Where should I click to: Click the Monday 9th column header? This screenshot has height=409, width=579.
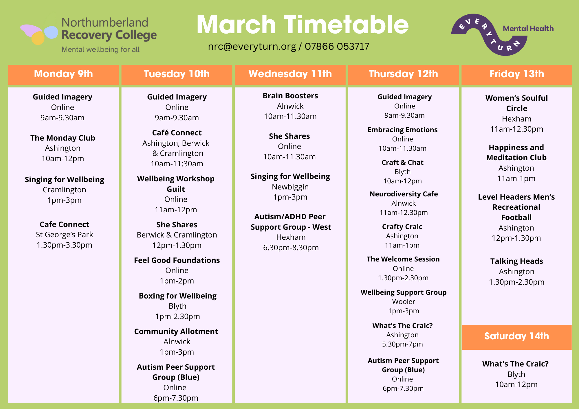pyautogui.click(x=63, y=74)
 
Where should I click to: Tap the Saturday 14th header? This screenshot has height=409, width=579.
pyautogui.click(x=516, y=336)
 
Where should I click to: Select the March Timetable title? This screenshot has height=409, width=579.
pyautogui.click(x=303, y=25)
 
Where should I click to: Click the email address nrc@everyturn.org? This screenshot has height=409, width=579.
pyautogui.click(x=252, y=46)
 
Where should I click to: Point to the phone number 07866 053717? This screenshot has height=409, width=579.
pyautogui.click(x=337, y=46)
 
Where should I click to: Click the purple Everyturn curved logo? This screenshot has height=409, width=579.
pyautogui.click(x=489, y=34)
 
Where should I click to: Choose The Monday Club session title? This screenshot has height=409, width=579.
pyautogui.click(x=63, y=138)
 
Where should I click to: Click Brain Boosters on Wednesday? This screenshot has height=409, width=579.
pyautogui.click(x=290, y=96)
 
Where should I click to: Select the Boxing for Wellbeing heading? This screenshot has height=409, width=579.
pyautogui.click(x=177, y=296)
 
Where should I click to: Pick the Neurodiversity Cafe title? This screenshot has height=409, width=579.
pyautogui.click(x=404, y=194)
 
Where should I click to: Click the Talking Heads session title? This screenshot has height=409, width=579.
pyautogui.click(x=516, y=261)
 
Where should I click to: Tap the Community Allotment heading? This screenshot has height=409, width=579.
pyautogui.click(x=176, y=331)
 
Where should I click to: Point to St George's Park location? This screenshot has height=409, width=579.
pyautogui.click(x=64, y=235)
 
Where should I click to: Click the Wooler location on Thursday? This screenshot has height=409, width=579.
pyautogui.click(x=404, y=302)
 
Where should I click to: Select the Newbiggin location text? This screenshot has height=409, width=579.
pyautogui.click(x=290, y=187)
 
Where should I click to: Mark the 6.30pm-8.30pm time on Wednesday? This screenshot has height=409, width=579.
pyautogui.click(x=291, y=248)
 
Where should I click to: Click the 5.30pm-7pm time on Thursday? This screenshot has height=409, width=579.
pyautogui.click(x=402, y=344)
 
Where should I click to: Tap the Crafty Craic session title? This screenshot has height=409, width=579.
pyautogui.click(x=402, y=227)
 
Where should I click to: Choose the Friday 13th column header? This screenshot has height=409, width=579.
pyautogui.click(x=517, y=74)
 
